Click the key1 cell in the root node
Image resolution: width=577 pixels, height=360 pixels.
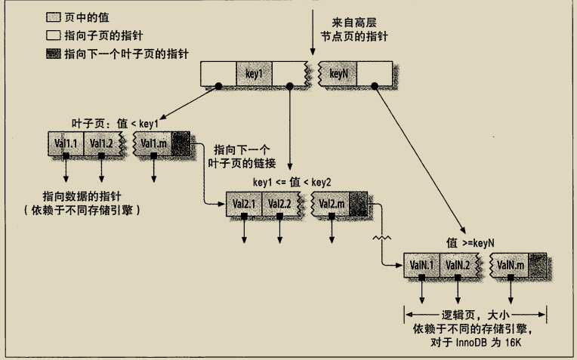tap(254, 73)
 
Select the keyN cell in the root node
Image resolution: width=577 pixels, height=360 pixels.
tap(338, 73)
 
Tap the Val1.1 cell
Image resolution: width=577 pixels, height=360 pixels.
tap(65, 143)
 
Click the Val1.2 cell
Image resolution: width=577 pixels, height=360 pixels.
tap(100, 143)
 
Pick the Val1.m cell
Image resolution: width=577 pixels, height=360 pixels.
tap(154, 143)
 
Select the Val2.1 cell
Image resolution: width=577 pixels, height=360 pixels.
tap(244, 204)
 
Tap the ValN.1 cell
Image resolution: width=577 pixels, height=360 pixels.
tap(421, 265)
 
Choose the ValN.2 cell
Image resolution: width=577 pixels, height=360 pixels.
tap(457, 265)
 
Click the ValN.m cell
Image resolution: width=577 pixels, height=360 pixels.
tap(511, 265)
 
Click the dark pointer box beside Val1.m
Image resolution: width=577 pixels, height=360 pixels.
tap(181, 143)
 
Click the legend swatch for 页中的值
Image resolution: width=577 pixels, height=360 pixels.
tap(54, 16)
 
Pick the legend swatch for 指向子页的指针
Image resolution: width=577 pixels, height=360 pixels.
tap(54, 35)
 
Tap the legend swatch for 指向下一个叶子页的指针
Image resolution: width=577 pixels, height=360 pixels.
tap(54, 54)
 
